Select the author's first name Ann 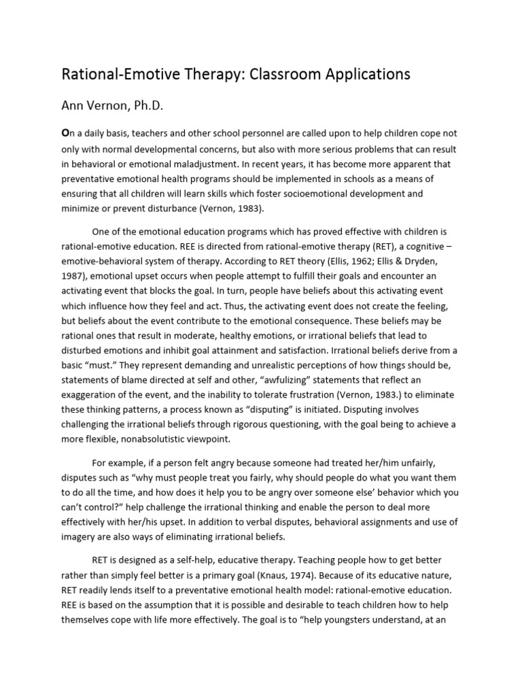pos(75,107)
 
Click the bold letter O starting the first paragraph pos(66,134)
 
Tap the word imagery pos(82,537)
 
